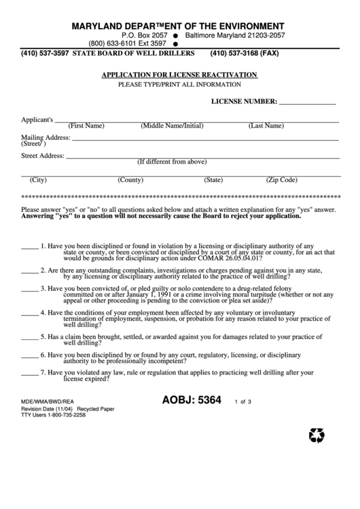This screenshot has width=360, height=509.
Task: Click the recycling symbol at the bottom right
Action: [317, 435]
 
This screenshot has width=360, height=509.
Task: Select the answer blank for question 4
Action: [29, 314]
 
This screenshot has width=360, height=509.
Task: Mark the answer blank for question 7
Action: [29, 374]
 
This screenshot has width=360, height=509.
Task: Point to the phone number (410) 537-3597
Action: [46, 53]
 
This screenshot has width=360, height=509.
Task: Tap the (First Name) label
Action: [86, 126]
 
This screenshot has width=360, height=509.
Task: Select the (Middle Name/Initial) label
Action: [172, 126]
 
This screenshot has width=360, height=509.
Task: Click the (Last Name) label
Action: [266, 126]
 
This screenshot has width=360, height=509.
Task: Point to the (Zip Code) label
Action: [281, 180]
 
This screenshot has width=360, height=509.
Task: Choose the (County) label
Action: [130, 180]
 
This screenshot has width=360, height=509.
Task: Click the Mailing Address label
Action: [46, 137]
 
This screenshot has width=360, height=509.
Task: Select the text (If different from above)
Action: [172, 162]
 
